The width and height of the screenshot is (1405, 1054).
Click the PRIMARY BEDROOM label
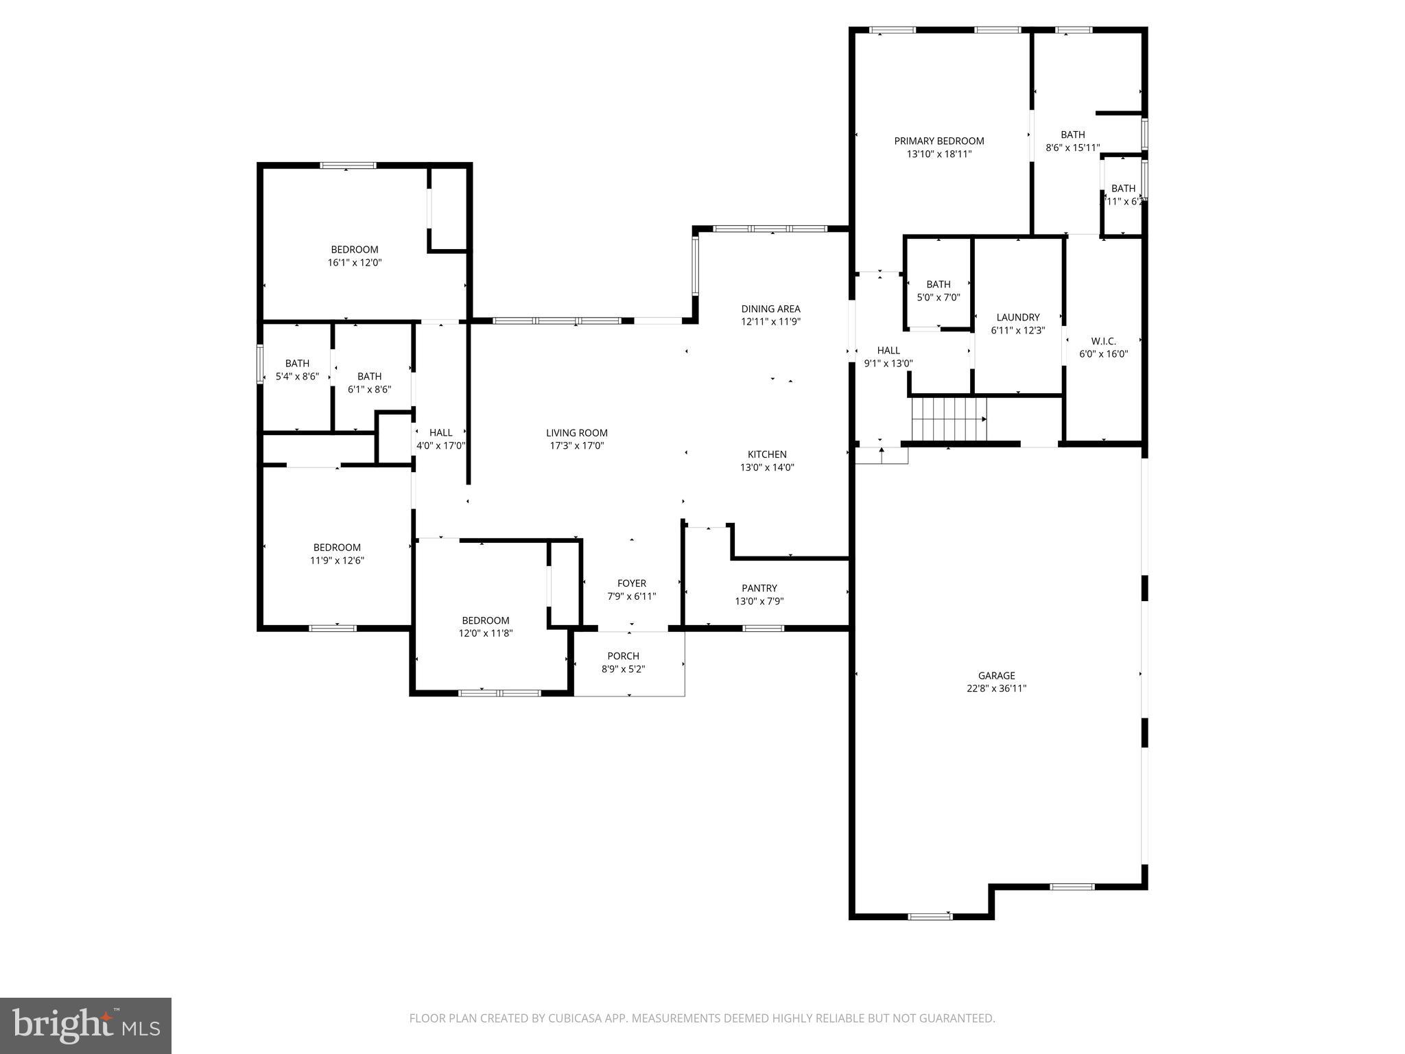938,141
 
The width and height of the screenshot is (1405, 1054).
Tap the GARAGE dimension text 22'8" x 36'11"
996,688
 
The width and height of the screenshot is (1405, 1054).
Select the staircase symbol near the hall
948,419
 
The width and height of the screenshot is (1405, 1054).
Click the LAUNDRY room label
1017,317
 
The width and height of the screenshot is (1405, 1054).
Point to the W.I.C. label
1103,341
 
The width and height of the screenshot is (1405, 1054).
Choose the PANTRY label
759,588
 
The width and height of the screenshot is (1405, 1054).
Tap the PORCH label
623,656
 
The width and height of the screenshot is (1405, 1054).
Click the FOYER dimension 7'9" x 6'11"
631,596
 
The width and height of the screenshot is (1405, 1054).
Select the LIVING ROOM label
576,432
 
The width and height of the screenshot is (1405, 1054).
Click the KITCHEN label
766,454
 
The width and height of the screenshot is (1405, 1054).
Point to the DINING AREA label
770,309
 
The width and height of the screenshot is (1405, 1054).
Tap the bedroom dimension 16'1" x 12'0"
354,262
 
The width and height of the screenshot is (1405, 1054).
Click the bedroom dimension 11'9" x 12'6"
336,560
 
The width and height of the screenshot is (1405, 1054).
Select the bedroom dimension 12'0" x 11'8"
485,633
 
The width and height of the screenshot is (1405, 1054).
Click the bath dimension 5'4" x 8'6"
297,376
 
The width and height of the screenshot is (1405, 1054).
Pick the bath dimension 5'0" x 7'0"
938,297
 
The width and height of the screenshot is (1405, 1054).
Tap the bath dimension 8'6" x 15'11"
1072,148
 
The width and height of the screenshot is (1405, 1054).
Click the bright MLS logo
85,1025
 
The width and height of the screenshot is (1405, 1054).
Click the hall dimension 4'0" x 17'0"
440,445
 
